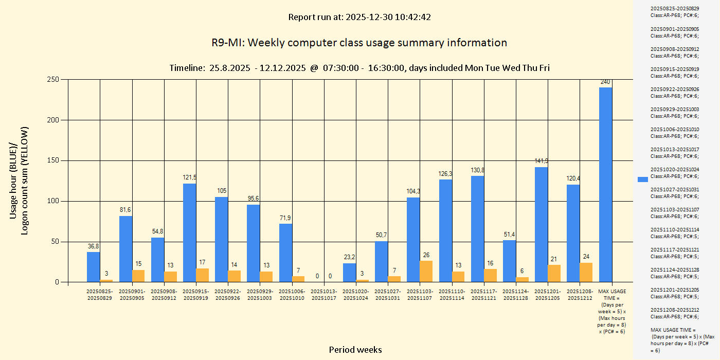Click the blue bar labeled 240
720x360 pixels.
point(605,185)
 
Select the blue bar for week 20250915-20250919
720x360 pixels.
point(189,232)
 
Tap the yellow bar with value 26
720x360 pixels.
point(426,272)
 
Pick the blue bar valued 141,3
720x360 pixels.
point(541,224)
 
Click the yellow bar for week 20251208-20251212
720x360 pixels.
point(586,273)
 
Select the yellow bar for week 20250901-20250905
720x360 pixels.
point(138,276)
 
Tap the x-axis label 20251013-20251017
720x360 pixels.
point(324,295)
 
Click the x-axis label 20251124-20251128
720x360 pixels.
point(515,295)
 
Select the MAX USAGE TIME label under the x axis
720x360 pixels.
point(611,311)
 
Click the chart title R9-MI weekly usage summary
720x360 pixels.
point(359,43)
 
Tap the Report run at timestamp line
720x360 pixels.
point(359,17)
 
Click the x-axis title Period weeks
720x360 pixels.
point(355,350)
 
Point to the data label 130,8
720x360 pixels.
point(478,170)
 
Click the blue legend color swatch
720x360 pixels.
point(642,179)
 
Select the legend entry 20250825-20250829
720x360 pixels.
point(674,12)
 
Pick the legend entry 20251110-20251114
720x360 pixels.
point(674,233)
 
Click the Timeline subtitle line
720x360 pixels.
point(359,68)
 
